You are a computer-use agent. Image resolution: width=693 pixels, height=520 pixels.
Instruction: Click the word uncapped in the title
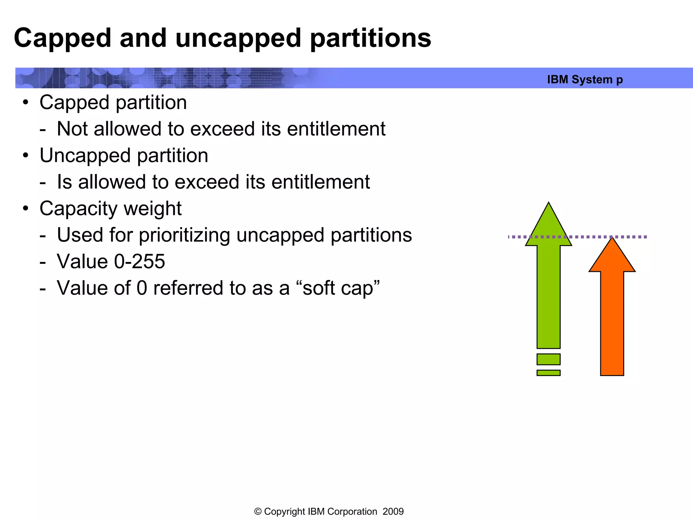pyautogui.click(x=238, y=38)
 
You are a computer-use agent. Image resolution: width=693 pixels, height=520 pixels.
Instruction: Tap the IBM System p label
pyautogui.click(x=585, y=80)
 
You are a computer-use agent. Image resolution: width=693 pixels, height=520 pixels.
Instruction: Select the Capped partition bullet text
pyautogui.click(x=113, y=102)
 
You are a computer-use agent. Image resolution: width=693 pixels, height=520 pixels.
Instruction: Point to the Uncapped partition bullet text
pyautogui.click(x=124, y=155)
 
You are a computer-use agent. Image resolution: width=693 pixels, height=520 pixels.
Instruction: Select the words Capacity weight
pyautogui.click(x=110, y=208)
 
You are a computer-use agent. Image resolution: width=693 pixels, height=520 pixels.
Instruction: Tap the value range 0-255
pyautogui.click(x=139, y=261)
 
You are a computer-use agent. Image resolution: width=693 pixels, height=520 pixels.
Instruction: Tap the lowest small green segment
pyautogui.click(x=549, y=373)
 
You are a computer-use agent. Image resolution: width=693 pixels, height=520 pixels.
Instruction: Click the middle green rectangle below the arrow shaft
pyautogui.click(x=549, y=359)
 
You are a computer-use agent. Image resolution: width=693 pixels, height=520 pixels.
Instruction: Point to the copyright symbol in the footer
pyautogui.click(x=258, y=512)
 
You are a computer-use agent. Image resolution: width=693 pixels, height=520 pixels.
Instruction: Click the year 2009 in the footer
pyautogui.click(x=393, y=512)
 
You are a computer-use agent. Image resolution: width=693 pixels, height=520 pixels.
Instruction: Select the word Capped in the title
pyautogui.click(x=63, y=38)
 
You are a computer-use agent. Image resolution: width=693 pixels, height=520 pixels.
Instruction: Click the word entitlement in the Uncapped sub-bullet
pyautogui.click(x=320, y=182)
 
